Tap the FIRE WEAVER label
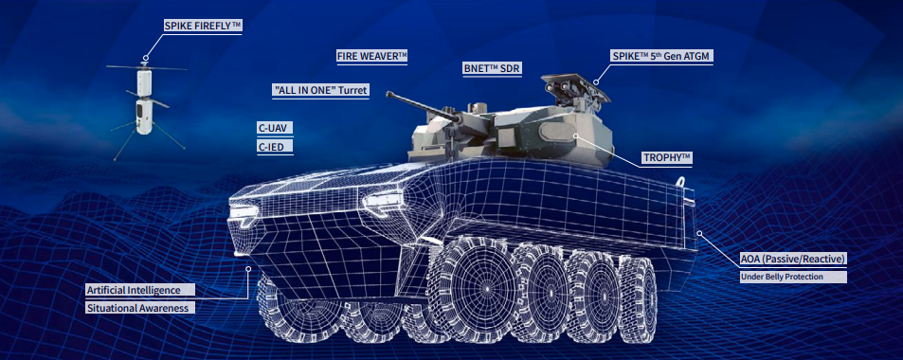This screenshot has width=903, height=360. tap(372, 56)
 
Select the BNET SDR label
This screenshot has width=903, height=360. tap(493, 69)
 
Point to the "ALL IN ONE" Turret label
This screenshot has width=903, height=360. tap(320, 90)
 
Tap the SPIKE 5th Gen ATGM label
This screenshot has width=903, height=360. tap(661, 57)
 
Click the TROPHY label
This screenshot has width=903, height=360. tap(667, 157)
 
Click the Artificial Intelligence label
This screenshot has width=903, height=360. tap(140, 290)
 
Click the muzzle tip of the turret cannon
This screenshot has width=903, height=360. tap(389, 94)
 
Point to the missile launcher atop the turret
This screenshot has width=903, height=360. tap(576, 87)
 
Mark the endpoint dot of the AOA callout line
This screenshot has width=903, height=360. tap(699, 233)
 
